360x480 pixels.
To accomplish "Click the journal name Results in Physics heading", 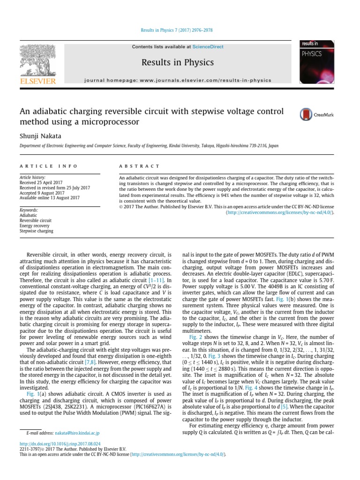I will point(178,62).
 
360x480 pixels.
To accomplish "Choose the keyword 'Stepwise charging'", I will point(36,231).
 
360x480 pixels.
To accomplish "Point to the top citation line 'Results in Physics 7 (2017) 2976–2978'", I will point(177,30).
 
